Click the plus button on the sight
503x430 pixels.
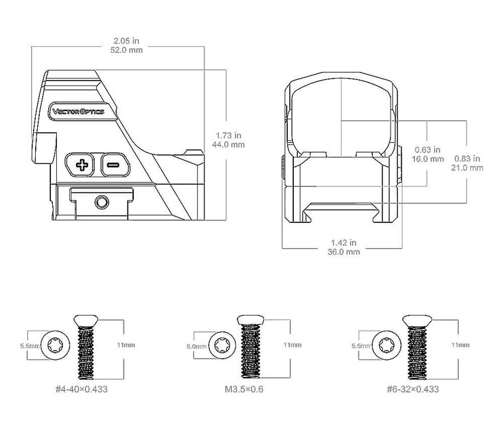tap(80, 165)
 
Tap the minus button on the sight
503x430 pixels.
tap(115, 165)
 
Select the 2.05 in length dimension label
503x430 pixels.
tap(126, 41)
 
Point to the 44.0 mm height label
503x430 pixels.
tap(228, 145)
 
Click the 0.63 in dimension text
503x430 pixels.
tap(428, 150)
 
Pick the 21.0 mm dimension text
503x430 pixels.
tap(467, 167)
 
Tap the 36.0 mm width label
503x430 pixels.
tap(343, 251)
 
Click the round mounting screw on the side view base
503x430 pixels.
tap(102, 202)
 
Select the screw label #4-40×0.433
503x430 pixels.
tap(81, 389)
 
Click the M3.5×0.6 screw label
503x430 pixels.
tap(244, 389)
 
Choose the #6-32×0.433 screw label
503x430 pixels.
tap(413, 389)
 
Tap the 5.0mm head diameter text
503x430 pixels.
tap(197, 346)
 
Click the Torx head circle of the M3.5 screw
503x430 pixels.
tap(222, 345)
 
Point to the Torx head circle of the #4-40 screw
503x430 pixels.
tap(56, 345)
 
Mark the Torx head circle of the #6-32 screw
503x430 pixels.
tap(387, 345)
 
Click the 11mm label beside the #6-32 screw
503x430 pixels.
tap(461, 345)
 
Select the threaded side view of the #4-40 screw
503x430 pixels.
tap(85, 347)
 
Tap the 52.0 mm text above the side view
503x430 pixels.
tap(126, 50)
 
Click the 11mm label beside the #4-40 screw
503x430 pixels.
tap(126, 345)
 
